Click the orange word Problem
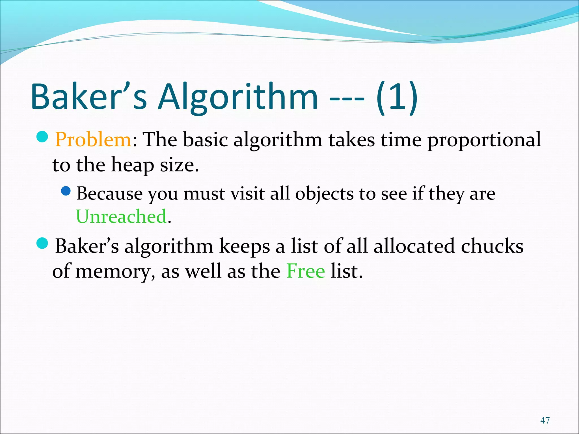pos(93,140)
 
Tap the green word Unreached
pos(121,217)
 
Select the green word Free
pos(306,271)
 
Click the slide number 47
pos(545,420)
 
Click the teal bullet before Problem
pos(43,137)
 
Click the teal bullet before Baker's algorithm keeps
pos(43,243)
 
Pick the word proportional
pos(484,140)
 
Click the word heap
pos(132,165)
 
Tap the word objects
pos(324,194)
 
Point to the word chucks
pos(492,246)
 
